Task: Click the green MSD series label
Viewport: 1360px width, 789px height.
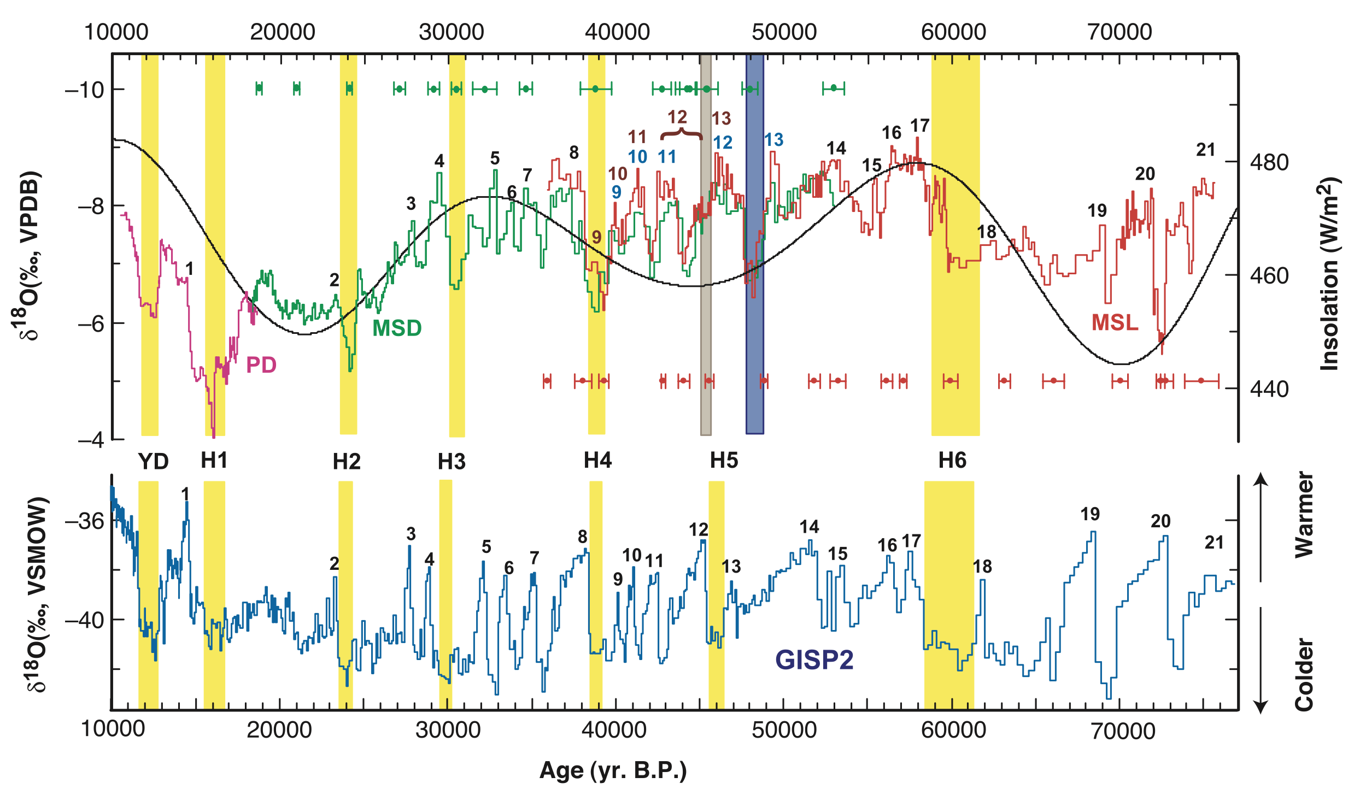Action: pos(397,328)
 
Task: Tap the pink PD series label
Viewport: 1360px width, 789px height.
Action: pos(261,364)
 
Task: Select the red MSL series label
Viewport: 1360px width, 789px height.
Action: pos(1115,322)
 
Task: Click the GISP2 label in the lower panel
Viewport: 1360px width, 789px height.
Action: pos(814,660)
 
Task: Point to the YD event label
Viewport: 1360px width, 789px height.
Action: pos(153,462)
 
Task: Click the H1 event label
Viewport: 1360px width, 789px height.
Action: pos(214,461)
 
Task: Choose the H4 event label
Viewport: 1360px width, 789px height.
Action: pos(597,461)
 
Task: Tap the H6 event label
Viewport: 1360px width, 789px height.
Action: pos(952,461)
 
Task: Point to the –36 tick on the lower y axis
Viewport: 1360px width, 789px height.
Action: pos(84,521)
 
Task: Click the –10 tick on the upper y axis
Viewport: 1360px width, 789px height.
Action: pos(84,89)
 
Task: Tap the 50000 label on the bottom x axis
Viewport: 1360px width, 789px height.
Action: pos(784,730)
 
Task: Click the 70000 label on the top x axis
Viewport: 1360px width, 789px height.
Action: pos(1119,32)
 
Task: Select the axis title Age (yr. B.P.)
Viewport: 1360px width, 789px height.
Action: pos(613,770)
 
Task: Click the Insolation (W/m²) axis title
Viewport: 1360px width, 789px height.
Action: pos(1329,273)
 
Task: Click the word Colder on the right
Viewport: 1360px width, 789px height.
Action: pos(1304,675)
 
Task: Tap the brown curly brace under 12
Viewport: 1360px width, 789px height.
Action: pos(681,134)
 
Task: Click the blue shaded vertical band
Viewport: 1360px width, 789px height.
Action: pos(754,246)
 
